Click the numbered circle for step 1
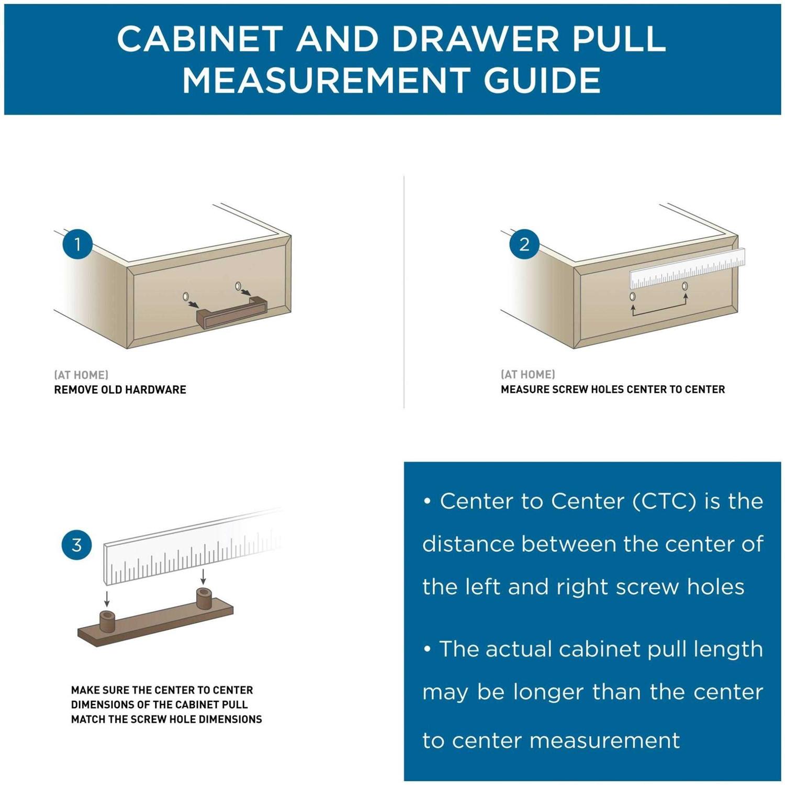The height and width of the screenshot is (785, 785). click(x=77, y=244)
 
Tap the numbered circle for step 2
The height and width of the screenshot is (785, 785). click(x=524, y=244)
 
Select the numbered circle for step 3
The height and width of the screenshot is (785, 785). click(x=77, y=545)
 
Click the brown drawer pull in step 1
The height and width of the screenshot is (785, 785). click(x=231, y=312)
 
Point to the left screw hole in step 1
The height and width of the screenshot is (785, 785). click(x=186, y=297)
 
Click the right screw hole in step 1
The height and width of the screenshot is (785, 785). click(x=238, y=286)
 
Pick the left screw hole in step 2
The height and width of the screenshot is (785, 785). click(x=633, y=297)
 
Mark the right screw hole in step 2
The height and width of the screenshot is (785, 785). click(x=685, y=286)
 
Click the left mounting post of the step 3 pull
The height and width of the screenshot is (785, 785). click(x=107, y=621)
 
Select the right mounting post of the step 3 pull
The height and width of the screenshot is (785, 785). click(x=203, y=599)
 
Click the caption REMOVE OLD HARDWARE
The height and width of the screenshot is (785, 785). click(x=120, y=389)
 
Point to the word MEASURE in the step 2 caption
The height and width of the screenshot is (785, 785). click(x=523, y=389)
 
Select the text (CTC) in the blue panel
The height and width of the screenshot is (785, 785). click(x=664, y=501)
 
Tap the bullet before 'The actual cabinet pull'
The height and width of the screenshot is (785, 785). click(x=428, y=649)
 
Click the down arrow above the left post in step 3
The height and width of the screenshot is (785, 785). click(x=107, y=599)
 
